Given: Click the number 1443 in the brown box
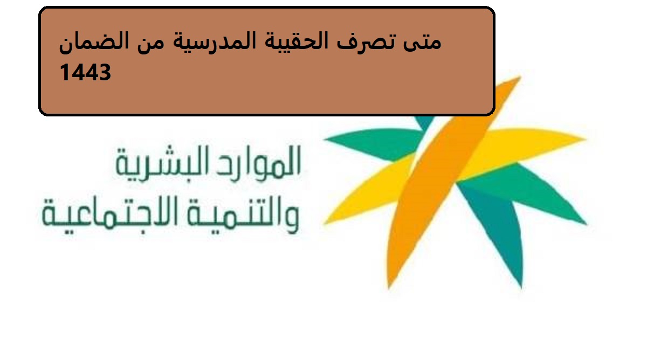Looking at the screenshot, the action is coord(85,72).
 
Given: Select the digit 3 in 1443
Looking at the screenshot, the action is coord(105,72).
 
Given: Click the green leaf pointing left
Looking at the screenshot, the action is coord(375,143).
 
